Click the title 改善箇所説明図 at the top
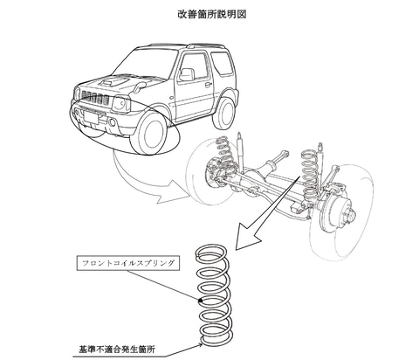212,14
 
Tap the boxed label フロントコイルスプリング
128,263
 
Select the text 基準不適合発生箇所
117,349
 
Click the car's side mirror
187,74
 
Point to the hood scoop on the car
113,81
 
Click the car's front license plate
91,118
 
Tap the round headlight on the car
120,103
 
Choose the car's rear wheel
224,112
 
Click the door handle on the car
209,85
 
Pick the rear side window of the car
222,64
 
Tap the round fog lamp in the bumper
113,123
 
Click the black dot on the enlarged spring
200,301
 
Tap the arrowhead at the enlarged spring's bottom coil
201,345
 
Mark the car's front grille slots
95,97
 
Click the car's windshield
146,63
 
